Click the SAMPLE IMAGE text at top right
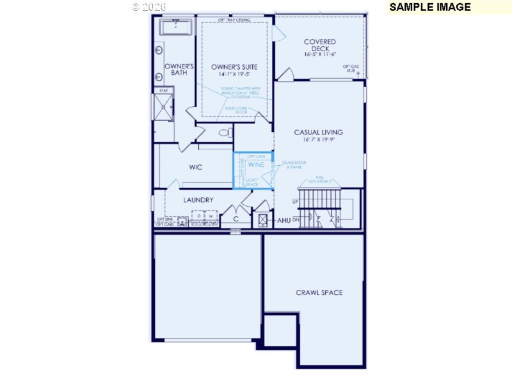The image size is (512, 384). point(429,7)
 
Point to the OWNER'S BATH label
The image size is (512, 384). point(179,69)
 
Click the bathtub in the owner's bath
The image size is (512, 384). point(175,28)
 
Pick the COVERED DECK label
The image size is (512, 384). point(320,45)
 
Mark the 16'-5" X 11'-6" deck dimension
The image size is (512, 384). point(320,54)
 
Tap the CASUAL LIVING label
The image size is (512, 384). point(318,132)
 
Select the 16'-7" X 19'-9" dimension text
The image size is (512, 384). point(318,140)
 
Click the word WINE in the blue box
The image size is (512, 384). point(256,165)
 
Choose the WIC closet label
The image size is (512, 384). point(196,168)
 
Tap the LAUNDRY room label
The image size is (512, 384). point(198,200)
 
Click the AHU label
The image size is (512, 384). point(284,220)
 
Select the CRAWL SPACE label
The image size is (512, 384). point(319,292)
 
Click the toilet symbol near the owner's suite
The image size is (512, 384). point(225,133)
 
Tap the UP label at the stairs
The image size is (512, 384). point(295,202)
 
